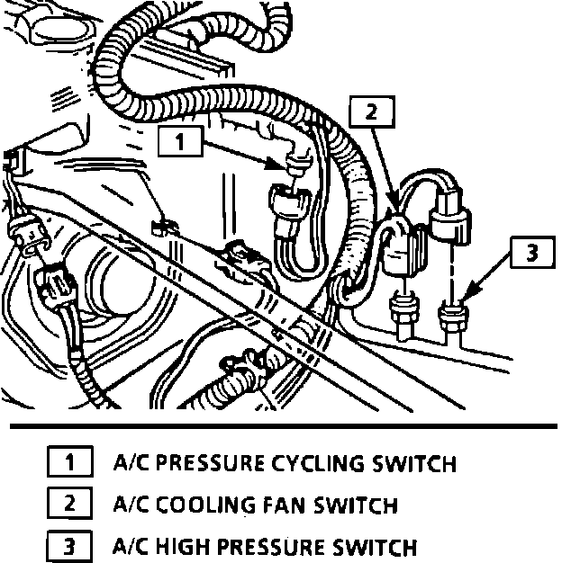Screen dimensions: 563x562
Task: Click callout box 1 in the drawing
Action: (x=182, y=141)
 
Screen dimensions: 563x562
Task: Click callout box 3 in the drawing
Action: (x=531, y=253)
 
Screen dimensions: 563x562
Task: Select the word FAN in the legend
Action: (x=282, y=505)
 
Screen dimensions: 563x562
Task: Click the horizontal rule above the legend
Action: (x=281, y=424)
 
